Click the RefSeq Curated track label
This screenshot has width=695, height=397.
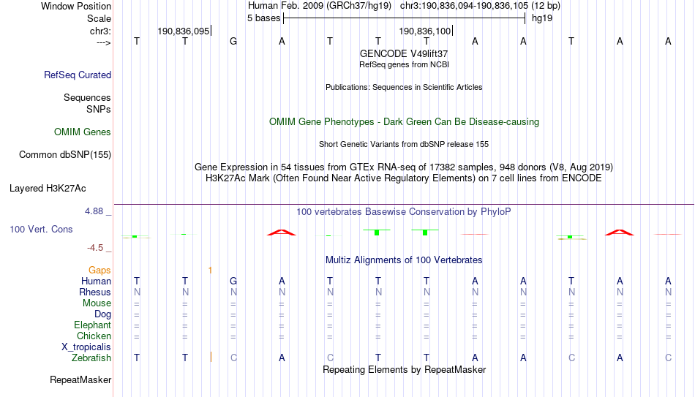pos(78,75)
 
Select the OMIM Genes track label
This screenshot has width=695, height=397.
pos(83,132)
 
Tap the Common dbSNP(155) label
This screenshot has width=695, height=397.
pos(65,155)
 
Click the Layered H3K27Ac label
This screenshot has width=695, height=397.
pos(48,189)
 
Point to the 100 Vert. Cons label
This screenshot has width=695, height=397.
pos(41,229)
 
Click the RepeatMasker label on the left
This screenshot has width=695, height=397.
pos(80,379)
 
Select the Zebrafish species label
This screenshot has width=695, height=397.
pos(91,358)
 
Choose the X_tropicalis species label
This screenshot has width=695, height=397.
pos(86,347)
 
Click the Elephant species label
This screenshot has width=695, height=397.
pos(92,325)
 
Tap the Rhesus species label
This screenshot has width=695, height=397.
pos(95,292)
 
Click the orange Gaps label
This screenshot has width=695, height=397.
pos(99,271)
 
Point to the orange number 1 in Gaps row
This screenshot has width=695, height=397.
pos(210,271)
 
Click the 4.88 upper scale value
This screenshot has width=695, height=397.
pos(94,211)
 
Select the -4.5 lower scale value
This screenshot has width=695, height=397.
pos(95,248)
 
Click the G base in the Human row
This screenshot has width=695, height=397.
pos(233,281)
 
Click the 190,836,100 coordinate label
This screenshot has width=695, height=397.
pos(424,31)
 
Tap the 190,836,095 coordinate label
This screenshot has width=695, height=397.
pos(184,31)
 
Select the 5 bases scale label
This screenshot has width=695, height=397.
pos(263,18)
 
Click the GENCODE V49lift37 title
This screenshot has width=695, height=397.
pos(404,53)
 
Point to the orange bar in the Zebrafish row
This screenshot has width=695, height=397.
pos(211,357)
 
